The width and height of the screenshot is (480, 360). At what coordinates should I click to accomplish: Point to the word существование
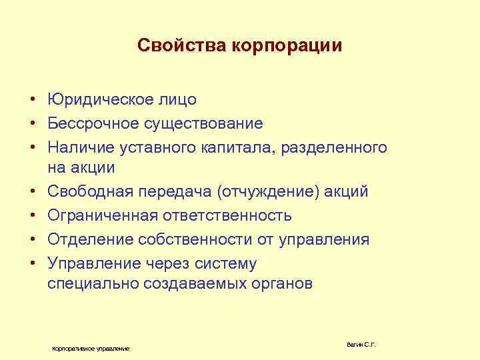[205, 124]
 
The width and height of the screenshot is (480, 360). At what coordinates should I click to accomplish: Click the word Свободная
[91, 193]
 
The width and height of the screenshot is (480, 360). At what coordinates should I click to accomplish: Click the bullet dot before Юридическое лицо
[31, 101]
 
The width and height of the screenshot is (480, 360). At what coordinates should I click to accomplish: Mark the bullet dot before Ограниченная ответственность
[31, 216]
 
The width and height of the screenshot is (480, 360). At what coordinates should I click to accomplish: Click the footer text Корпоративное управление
[91, 349]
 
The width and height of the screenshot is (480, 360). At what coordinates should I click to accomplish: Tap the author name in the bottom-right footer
[361, 344]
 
